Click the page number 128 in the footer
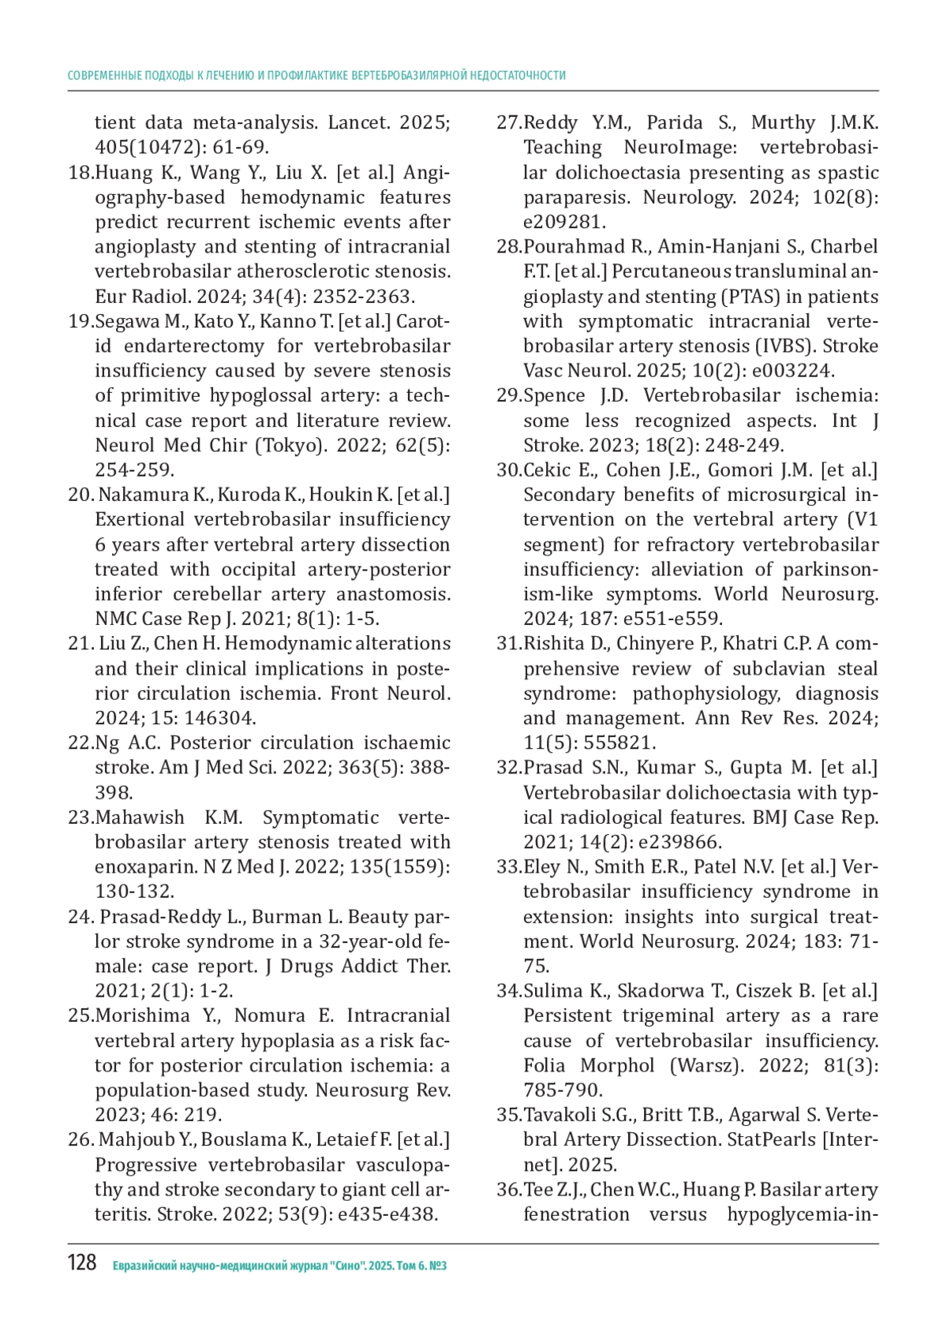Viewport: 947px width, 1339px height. (x=82, y=1263)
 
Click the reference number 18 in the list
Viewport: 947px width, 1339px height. (x=80, y=173)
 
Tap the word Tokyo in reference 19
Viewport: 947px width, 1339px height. (x=290, y=446)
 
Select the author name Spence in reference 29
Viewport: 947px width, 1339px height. (x=554, y=396)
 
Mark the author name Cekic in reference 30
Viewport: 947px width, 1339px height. (x=548, y=470)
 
